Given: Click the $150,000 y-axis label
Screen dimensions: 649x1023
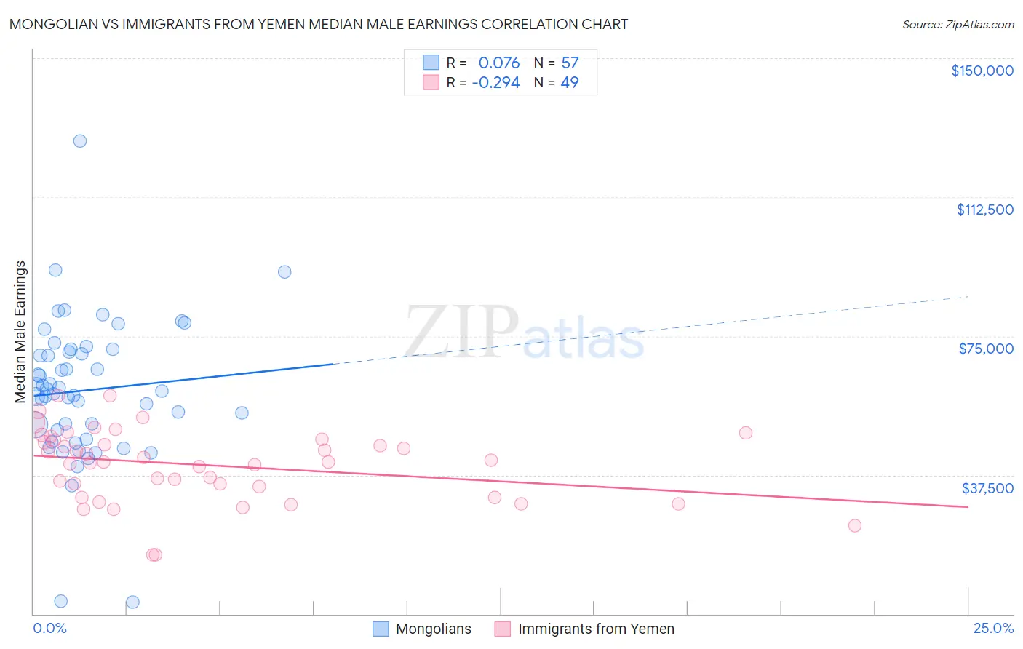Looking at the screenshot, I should click(982, 71).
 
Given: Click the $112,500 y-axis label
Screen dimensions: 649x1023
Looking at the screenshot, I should click(984, 210).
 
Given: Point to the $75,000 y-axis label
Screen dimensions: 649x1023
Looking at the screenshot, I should click(986, 349).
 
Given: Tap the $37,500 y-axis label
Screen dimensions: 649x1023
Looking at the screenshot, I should click(987, 488).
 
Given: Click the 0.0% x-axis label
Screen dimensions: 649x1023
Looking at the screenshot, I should click(49, 628).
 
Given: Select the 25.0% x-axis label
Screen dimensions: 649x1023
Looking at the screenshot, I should click(993, 628).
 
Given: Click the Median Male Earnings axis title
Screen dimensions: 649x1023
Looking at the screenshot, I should click(20, 331).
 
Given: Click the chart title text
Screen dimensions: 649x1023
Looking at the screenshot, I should click(319, 24).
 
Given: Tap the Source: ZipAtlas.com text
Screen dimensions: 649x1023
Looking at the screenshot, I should click(958, 24).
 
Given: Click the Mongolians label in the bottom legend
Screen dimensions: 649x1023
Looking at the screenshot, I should click(433, 629).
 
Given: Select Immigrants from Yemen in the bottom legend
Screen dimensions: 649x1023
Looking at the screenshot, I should click(596, 629).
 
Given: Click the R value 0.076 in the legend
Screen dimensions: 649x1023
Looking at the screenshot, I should click(498, 63).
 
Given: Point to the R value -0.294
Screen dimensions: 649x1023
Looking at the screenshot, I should click(495, 82).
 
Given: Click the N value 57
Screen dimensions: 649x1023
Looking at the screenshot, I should click(570, 63).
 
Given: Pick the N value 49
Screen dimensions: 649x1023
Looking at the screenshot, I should click(570, 82).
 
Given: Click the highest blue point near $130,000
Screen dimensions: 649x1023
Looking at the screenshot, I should click(80, 141).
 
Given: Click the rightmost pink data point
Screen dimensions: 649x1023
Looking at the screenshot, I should click(855, 525).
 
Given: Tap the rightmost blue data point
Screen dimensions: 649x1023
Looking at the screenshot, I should click(284, 272).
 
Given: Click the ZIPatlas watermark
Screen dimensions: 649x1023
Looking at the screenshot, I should click(524, 333).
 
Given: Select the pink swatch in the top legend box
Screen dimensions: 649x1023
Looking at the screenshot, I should click(431, 82).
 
